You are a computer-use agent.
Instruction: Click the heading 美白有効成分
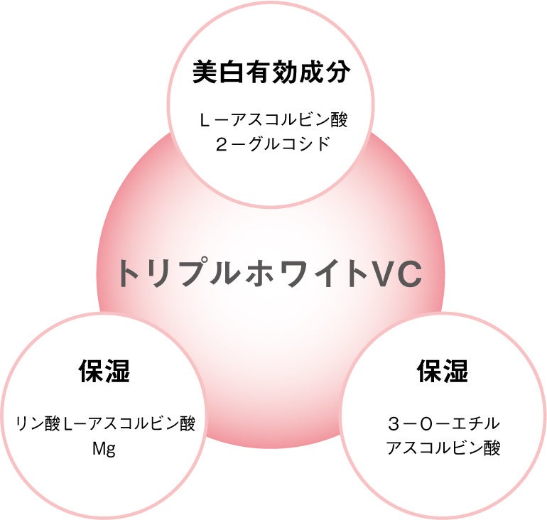(x=273, y=73)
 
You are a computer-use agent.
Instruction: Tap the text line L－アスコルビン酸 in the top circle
(x=273, y=119)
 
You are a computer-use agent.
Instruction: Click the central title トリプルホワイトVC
(x=270, y=273)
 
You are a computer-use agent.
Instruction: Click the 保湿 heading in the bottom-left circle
(x=104, y=371)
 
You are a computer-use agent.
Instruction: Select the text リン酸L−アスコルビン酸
(x=105, y=424)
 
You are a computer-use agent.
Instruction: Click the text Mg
(x=104, y=448)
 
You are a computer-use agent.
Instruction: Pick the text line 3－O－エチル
(x=443, y=424)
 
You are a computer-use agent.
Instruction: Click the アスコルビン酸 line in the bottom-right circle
(x=443, y=448)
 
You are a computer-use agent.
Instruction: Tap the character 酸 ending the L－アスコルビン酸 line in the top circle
(x=339, y=119)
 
